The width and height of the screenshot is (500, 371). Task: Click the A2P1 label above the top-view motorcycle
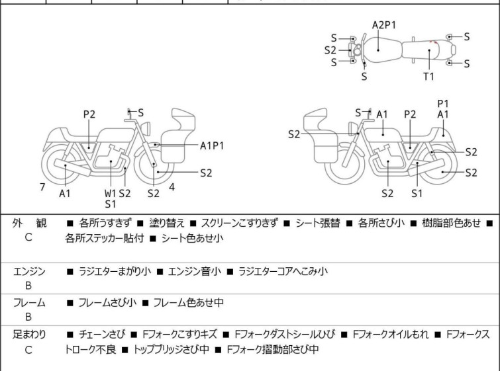(383, 25)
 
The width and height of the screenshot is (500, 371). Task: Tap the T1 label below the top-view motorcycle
(429, 77)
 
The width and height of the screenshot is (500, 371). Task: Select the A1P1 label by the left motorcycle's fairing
(212, 145)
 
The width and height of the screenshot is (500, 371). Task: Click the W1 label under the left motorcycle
(110, 193)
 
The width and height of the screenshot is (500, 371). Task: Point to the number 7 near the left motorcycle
(42, 187)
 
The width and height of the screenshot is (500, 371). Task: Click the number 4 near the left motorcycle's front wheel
(172, 187)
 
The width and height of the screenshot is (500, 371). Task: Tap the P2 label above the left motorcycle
(89, 114)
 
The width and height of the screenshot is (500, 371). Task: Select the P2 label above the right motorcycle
(410, 114)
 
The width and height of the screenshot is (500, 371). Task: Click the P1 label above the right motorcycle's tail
(443, 103)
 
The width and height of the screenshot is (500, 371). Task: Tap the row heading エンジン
(29, 271)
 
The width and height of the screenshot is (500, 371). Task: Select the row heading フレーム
(29, 303)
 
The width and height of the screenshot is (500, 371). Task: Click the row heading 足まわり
(29, 335)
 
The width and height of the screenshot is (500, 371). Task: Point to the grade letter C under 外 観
(28, 238)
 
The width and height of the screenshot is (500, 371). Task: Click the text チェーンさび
(101, 335)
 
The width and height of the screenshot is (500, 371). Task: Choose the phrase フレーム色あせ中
(188, 303)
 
